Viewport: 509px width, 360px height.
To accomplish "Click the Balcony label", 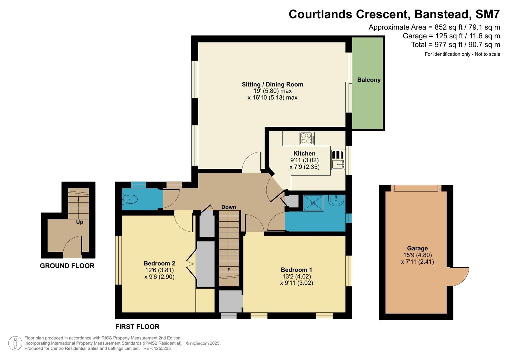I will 369,80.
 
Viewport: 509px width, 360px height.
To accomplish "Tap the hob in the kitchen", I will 307,138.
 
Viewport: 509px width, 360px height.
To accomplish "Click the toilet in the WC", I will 130,199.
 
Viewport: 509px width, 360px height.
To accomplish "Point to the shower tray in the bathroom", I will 313,203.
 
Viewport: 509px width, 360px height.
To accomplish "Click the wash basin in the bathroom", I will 336,200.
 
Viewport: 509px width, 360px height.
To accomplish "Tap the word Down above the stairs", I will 229,207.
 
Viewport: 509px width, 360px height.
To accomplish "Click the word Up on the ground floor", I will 80,222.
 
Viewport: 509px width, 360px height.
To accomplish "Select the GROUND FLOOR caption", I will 67,266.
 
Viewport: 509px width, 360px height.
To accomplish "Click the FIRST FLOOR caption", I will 137,327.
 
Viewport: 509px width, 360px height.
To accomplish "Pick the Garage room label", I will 417,248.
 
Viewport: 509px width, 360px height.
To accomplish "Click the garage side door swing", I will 460,276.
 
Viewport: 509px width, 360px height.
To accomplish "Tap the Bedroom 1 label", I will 296,270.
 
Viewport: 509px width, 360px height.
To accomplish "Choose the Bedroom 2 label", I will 159,263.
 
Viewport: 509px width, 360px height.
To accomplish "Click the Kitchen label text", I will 304,153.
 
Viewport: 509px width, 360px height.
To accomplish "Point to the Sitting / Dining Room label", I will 272,84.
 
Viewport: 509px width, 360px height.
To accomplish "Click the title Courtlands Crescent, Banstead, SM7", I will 394,14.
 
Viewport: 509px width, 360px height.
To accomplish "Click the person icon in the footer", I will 15,343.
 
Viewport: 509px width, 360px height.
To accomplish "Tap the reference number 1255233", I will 162,348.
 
